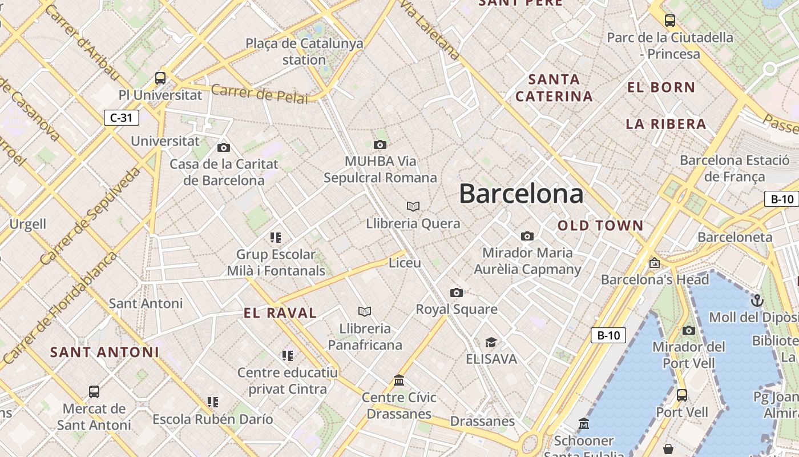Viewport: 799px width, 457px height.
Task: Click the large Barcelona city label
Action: point(521,194)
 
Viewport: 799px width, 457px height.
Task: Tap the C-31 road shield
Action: point(122,118)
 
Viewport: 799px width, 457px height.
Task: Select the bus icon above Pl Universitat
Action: point(160,78)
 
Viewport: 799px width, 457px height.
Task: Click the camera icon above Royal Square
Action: point(457,293)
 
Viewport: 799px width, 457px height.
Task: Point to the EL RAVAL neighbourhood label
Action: point(280,313)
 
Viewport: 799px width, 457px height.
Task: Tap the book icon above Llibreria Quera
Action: point(413,206)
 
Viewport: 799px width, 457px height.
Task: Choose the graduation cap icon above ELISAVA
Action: point(491,343)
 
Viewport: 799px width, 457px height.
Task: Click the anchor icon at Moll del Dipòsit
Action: point(757,300)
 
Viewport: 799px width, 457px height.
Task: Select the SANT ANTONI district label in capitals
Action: point(104,352)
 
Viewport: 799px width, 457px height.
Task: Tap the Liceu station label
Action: point(405,263)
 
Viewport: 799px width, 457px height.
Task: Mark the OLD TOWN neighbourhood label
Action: point(600,226)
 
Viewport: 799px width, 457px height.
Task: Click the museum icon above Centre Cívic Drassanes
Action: point(399,380)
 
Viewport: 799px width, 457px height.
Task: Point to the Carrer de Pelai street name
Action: point(260,94)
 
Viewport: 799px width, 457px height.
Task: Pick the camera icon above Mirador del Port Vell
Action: point(689,330)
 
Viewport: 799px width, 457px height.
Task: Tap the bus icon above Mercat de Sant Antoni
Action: point(94,392)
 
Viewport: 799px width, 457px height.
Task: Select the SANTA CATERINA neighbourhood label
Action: point(554,87)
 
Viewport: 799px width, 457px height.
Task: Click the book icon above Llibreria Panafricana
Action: point(365,311)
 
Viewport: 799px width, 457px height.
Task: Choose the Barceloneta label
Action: point(735,237)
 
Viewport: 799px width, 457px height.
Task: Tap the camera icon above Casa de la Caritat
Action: point(224,148)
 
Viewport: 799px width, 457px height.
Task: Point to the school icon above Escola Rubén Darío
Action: point(213,402)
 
